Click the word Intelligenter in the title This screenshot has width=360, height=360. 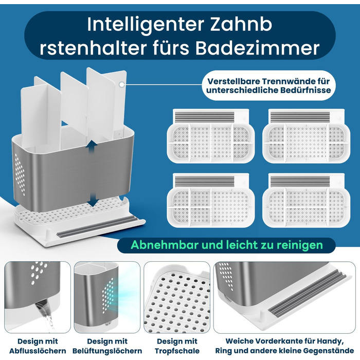pos(146,25)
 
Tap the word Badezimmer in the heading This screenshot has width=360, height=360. pos(257,48)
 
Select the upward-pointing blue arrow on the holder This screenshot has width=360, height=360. pos(92,147)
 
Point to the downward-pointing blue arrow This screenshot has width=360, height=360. pos(93,200)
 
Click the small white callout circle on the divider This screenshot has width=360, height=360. pos(122,84)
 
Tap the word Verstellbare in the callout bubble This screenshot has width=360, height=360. pos(233,81)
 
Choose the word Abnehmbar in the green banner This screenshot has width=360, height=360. pos(165,245)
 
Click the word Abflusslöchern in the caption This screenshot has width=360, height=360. pos(38,351)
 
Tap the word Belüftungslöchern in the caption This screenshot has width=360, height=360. pos(107,351)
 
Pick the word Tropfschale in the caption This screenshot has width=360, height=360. pos(177,351)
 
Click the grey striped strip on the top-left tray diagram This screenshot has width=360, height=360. pos(205,117)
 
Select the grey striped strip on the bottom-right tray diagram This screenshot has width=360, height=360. pos(300,182)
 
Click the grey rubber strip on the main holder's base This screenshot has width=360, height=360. pos(97,227)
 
